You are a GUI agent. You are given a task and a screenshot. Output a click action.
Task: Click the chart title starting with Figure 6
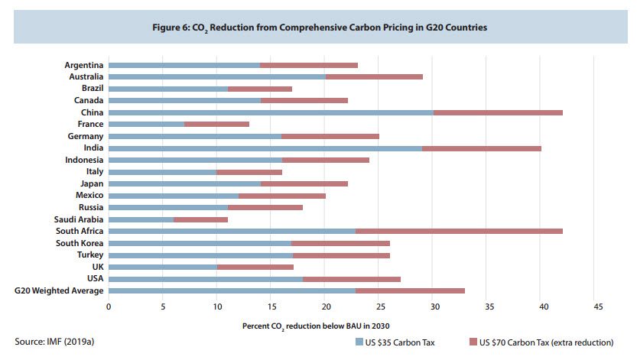point(318,27)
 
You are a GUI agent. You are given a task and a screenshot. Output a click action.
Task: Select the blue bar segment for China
point(271,112)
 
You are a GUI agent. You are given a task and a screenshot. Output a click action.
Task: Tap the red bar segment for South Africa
point(459,231)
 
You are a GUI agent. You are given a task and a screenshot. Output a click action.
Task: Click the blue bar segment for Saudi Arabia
point(141,219)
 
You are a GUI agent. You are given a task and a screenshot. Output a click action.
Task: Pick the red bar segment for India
point(482,148)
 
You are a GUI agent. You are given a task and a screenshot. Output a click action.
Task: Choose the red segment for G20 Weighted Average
point(410,290)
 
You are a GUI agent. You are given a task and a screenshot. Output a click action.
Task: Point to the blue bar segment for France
point(147,124)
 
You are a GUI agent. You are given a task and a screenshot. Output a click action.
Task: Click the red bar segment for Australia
point(374,76)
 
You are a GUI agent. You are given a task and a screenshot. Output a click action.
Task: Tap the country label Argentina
point(84,65)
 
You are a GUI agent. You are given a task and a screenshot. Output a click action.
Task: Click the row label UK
point(98,267)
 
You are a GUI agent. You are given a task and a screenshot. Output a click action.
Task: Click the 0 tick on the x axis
point(109,306)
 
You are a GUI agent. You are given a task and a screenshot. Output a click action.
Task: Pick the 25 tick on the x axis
point(380,306)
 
